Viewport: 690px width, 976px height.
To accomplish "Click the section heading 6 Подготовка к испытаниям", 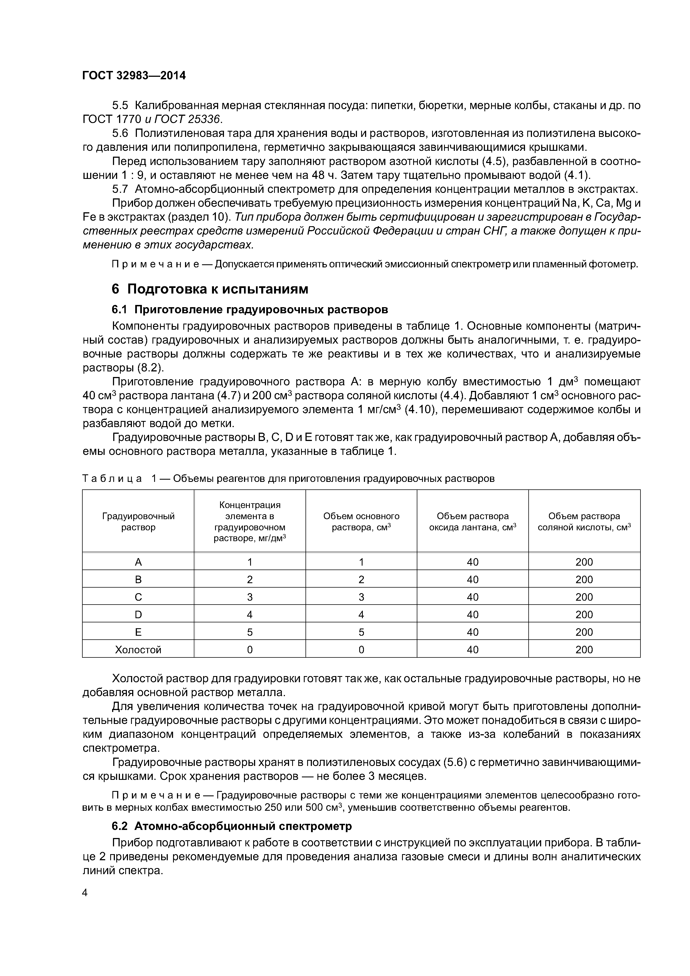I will pyautogui.click(x=210, y=289).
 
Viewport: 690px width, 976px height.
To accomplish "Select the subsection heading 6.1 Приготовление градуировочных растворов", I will pyautogui.click(x=250, y=309).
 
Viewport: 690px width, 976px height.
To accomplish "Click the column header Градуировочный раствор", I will pyautogui.click(x=138, y=522).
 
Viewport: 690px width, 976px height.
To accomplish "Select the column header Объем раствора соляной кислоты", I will pyautogui.click(x=584, y=522).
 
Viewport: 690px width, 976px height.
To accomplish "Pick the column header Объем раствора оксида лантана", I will pyautogui.click(x=472, y=522).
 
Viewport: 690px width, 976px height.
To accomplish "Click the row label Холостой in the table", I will pyautogui.click(x=138, y=650).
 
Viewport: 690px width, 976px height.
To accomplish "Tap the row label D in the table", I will pyautogui.click(x=138, y=615).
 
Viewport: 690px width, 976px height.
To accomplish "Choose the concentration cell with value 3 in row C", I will pyautogui.click(x=250, y=597).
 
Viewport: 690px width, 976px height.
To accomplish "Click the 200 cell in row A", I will pyautogui.click(x=584, y=562).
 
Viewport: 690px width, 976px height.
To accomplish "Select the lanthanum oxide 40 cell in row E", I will pyautogui.click(x=472, y=632).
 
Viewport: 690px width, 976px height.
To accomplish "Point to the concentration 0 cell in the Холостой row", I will pyautogui.click(x=250, y=650).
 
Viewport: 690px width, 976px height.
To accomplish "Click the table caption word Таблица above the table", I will pyautogui.click(x=112, y=479).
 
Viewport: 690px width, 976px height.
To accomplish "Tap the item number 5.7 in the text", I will pyautogui.click(x=120, y=189).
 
